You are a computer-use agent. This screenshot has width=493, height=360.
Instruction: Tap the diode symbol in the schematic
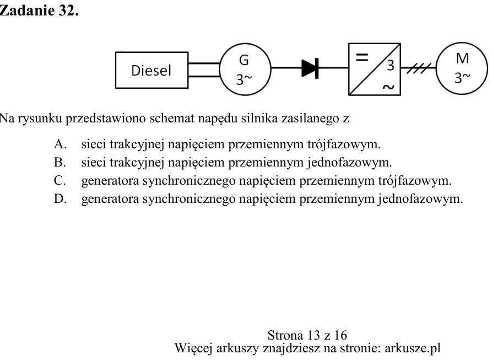point(310,68)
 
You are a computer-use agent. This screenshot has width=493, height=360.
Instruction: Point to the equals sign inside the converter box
point(361,57)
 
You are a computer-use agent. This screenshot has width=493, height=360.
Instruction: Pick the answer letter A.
point(59,144)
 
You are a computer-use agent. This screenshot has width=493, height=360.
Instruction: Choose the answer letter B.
point(59,163)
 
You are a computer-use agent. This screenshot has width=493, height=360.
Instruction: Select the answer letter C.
point(59,181)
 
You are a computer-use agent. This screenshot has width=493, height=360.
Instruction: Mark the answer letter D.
point(60,199)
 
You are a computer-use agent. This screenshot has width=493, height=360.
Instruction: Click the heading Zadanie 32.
point(39,10)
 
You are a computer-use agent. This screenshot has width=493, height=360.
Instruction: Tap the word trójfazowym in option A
point(344,144)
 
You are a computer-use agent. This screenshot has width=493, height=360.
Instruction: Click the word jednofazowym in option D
point(420,199)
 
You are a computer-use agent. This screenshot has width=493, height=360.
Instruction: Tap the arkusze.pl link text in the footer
point(413,348)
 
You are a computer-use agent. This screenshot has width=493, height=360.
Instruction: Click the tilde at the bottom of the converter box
point(388,87)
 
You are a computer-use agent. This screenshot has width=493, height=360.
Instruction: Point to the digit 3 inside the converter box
point(391,66)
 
